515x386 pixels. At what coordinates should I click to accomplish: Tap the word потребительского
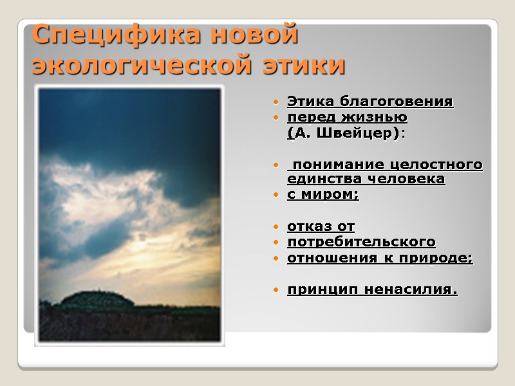tap(361, 243)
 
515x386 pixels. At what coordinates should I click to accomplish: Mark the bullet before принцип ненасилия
tap(276, 291)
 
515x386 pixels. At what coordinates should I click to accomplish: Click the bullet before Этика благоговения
tap(276, 103)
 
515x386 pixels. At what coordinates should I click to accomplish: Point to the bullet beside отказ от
tap(276, 227)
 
